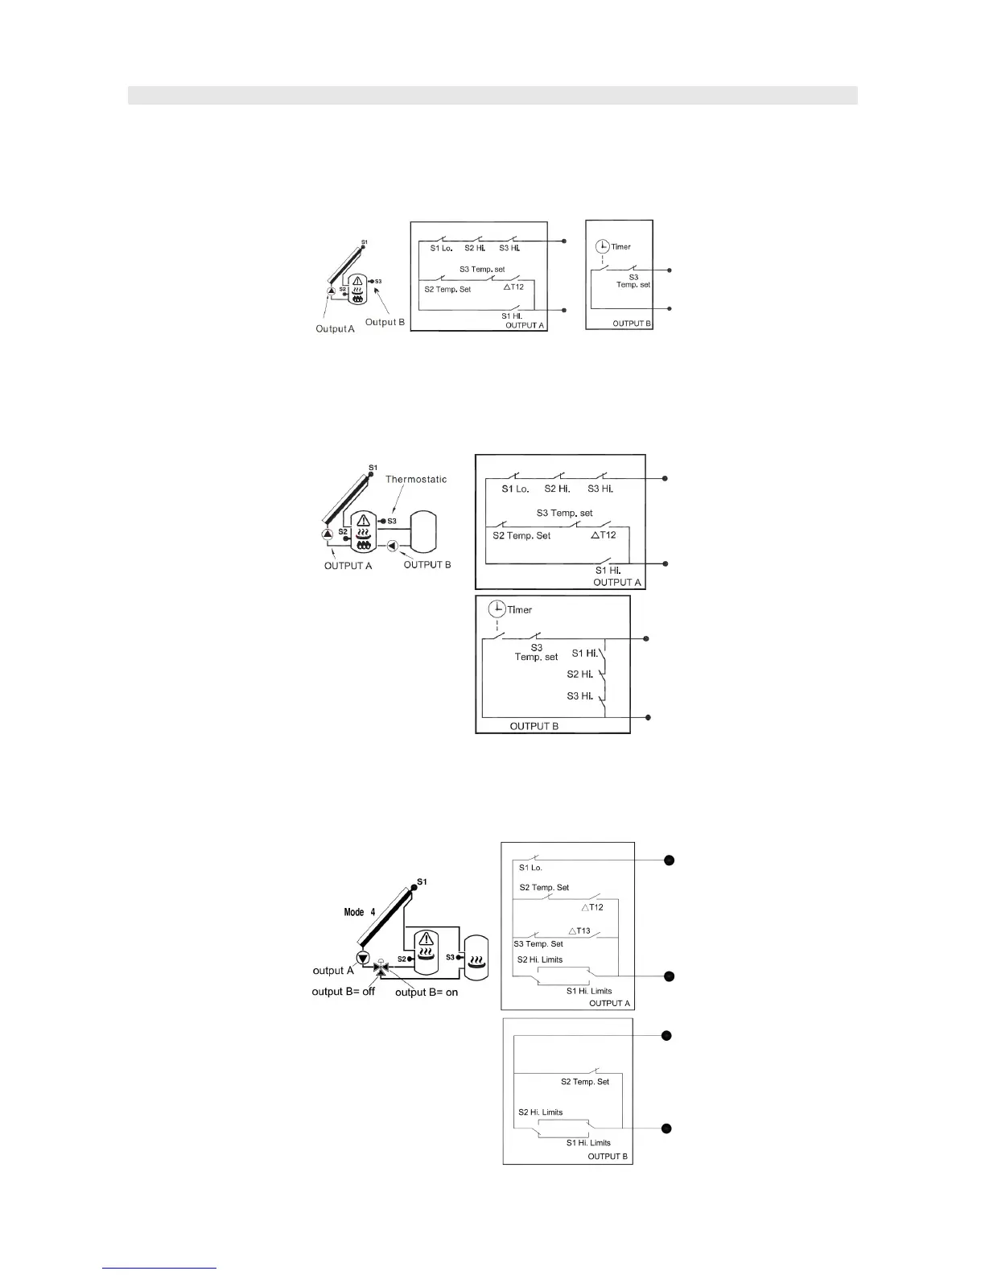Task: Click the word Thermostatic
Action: [415, 479]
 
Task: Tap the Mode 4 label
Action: [359, 912]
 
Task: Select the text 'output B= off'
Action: [343, 991]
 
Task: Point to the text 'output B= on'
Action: [427, 992]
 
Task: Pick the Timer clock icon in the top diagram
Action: [602, 247]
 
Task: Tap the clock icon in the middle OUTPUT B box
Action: [497, 609]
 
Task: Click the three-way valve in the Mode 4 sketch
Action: [381, 965]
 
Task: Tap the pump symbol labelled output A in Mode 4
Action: [363, 958]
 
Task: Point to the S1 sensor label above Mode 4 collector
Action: [422, 881]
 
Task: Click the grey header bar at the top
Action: [492, 95]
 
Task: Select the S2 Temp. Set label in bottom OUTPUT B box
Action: [585, 1082]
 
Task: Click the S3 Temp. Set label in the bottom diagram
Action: [538, 943]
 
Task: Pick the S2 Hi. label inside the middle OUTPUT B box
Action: [579, 675]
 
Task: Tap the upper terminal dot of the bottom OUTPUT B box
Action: [666, 1035]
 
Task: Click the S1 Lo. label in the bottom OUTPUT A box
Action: [530, 868]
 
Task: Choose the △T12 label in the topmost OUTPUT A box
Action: [513, 287]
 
